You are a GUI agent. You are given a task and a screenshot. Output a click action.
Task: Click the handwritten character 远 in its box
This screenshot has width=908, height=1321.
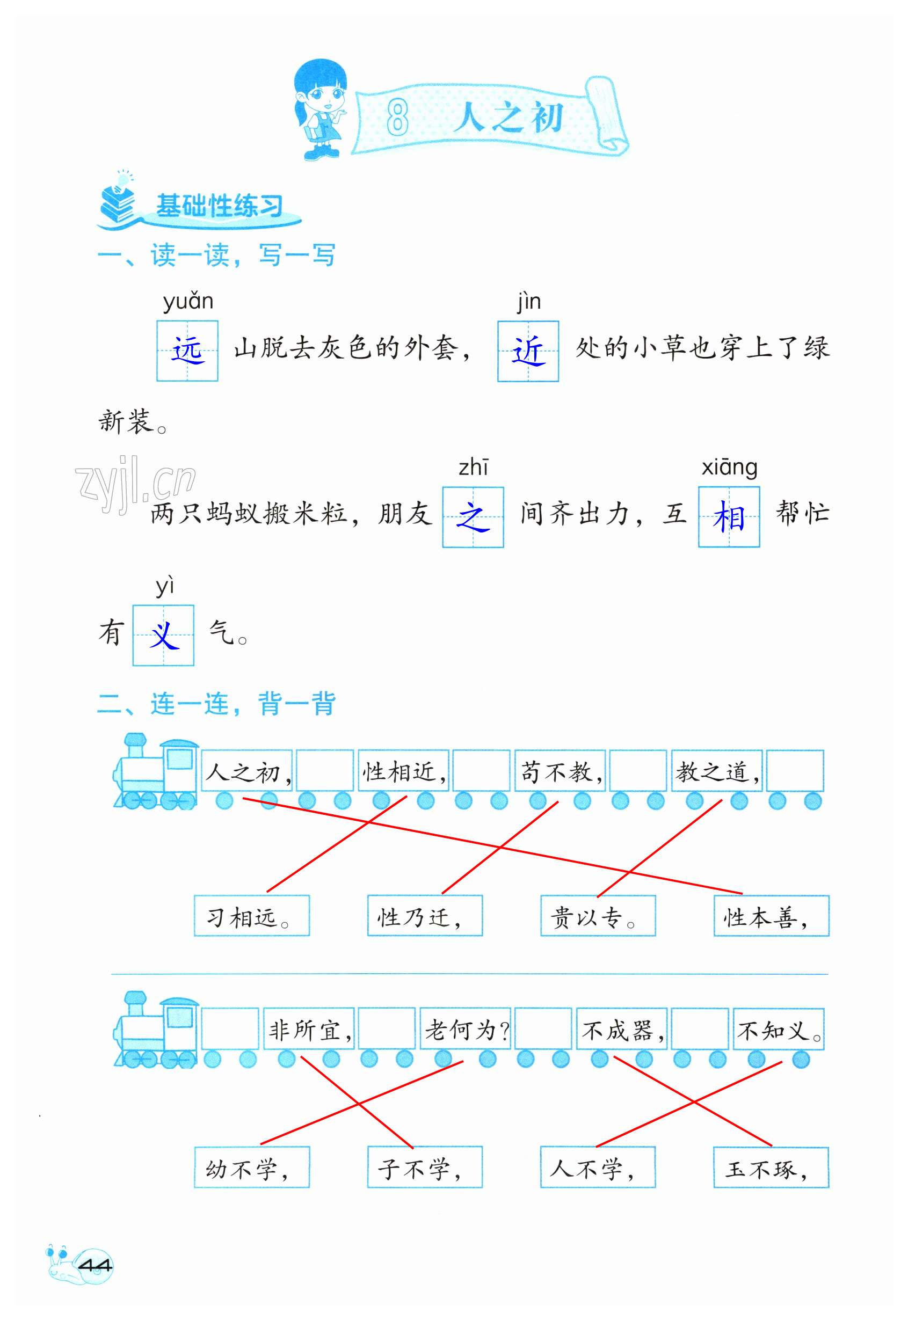point(187,351)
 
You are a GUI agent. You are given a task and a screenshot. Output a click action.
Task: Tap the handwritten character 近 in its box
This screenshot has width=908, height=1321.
point(528,351)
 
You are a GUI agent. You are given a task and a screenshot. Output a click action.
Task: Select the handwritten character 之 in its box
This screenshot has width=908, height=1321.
point(473,517)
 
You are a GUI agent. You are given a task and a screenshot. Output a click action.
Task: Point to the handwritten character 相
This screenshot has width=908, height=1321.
point(729,517)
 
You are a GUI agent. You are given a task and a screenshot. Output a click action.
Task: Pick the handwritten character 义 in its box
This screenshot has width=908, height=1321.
point(163,634)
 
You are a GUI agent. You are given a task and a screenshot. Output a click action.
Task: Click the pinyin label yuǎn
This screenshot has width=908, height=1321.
point(188,301)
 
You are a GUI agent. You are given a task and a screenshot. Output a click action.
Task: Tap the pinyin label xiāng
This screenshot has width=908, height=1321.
point(729,468)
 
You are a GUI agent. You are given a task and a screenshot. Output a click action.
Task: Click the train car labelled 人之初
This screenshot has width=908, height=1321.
point(247,771)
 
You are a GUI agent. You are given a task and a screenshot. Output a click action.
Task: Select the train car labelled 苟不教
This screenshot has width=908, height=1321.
point(560,771)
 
